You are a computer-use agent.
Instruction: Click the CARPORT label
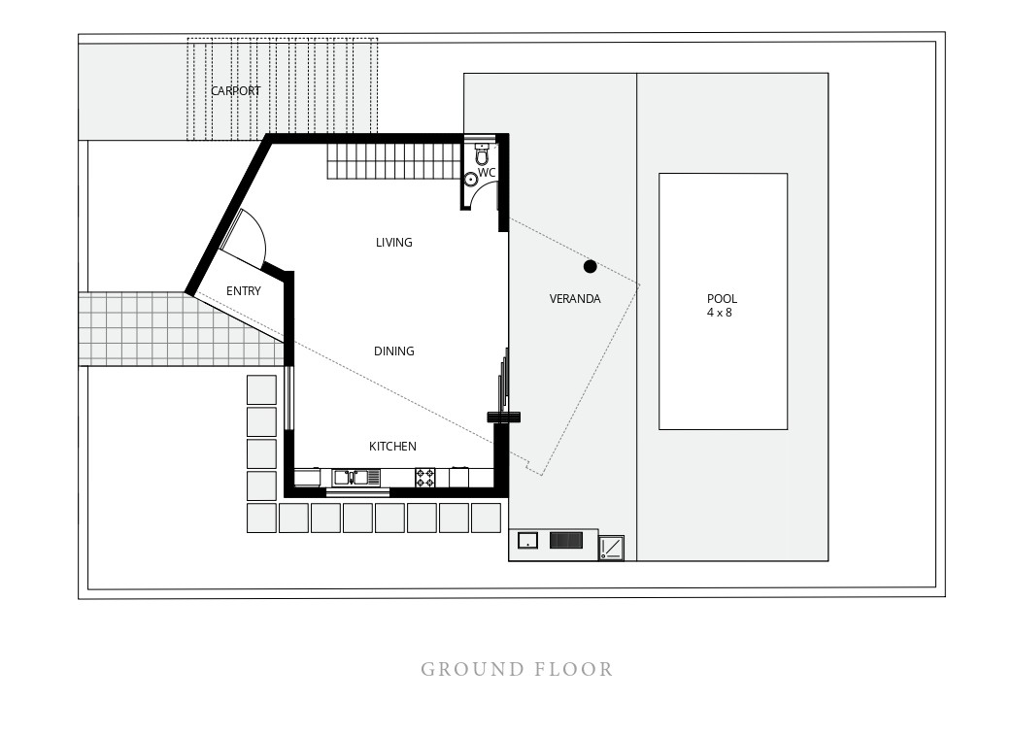[235, 90]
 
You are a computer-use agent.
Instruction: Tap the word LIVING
[393, 243]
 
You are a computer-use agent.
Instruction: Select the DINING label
[393, 351]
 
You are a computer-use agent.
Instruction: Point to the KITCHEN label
[392, 446]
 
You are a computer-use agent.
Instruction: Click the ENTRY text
[244, 291]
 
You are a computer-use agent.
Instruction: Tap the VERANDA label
[575, 299]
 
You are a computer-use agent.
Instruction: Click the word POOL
[722, 299]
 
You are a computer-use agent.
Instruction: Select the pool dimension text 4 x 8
[719, 313]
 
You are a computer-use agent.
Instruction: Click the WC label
[487, 173]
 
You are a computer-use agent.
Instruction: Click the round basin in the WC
[471, 180]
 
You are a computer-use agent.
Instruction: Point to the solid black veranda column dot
[590, 266]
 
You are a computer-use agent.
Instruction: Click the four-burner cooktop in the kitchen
[424, 478]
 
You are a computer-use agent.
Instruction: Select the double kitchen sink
[350, 478]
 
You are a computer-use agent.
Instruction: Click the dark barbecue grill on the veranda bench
[566, 540]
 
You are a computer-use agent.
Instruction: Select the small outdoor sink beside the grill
[527, 541]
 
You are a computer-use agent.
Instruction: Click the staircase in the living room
[393, 161]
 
